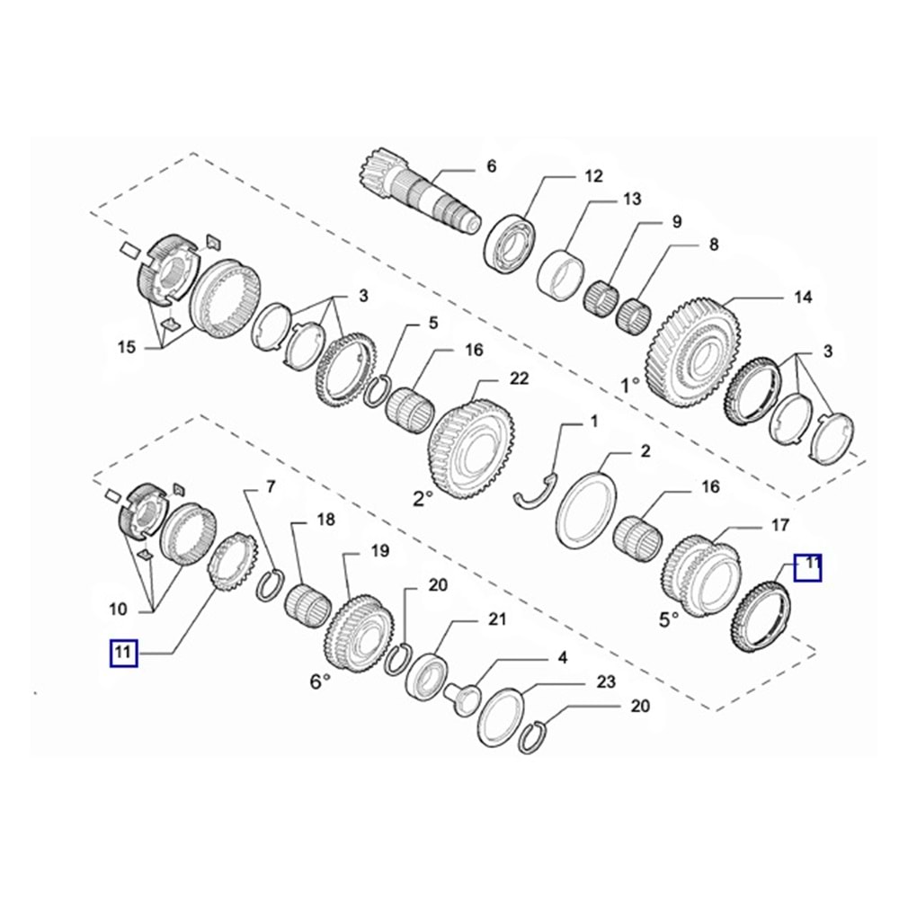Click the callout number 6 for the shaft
click(491, 166)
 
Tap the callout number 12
click(593, 175)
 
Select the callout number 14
click(803, 297)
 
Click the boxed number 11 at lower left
click(123, 653)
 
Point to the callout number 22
click(519, 379)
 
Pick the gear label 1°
click(630, 386)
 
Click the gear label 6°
click(321, 681)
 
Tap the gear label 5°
click(670, 619)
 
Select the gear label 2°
click(423, 499)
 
